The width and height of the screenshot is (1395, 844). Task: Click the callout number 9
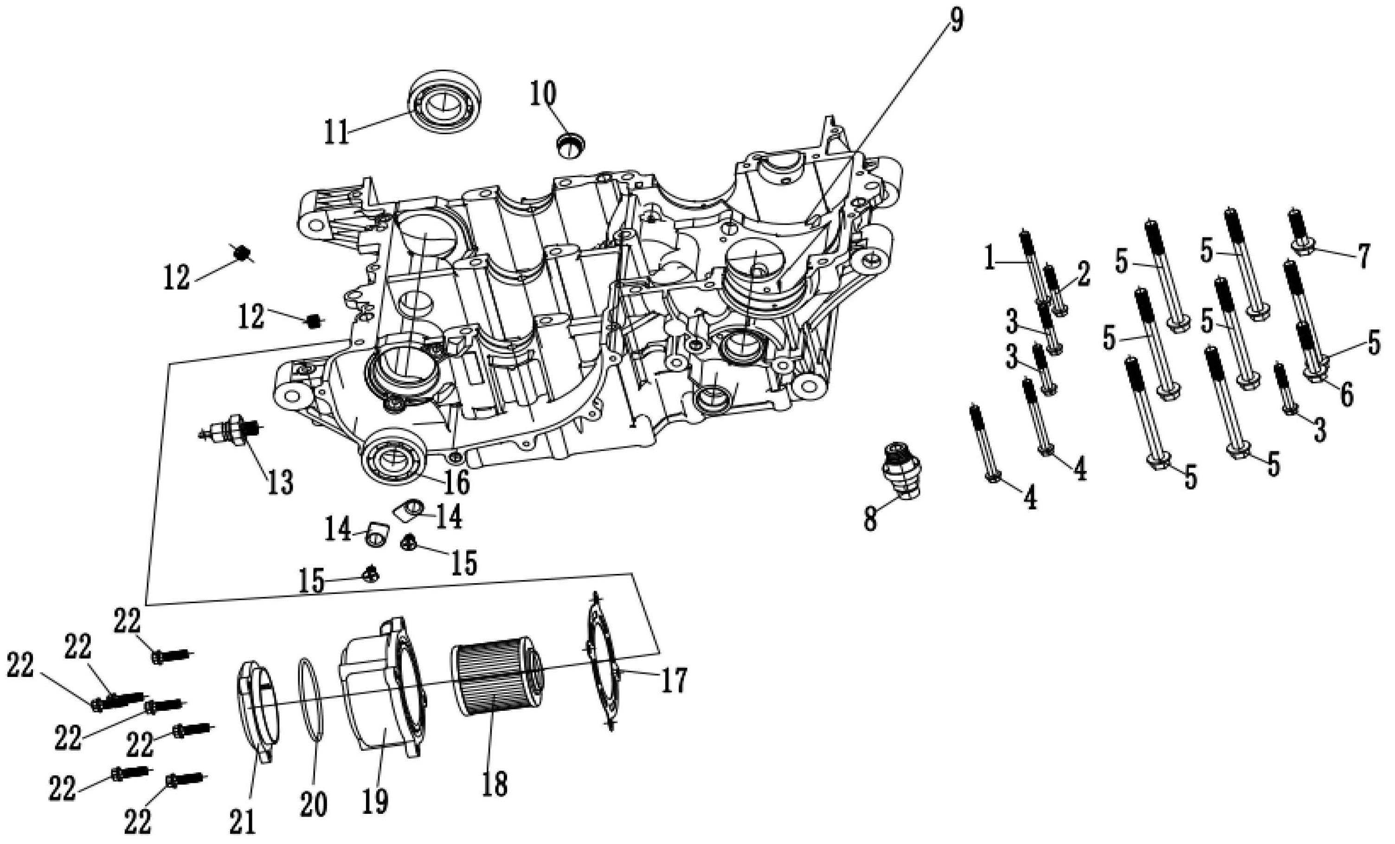click(955, 21)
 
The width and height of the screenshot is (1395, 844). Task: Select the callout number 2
click(1082, 275)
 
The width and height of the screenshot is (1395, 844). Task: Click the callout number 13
click(280, 483)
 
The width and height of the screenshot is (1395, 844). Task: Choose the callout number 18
click(494, 784)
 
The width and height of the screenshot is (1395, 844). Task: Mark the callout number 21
click(242, 821)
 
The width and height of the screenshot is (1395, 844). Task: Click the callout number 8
click(870, 519)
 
